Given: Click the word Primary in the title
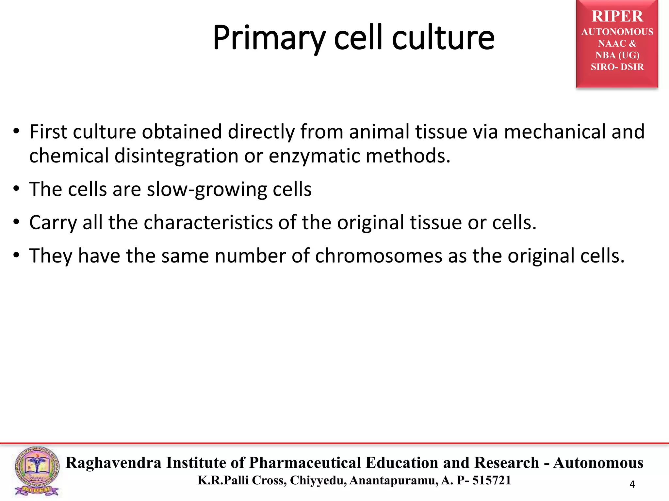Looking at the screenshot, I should (x=269, y=38).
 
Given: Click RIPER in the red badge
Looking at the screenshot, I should (x=617, y=16).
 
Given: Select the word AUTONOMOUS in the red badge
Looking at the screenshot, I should (x=617, y=32).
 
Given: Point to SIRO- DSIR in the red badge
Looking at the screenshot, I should (x=617, y=67).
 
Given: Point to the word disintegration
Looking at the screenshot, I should (x=176, y=156).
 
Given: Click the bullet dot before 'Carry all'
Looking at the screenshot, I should (x=17, y=222).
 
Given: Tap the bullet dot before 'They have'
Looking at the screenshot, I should (x=17, y=255).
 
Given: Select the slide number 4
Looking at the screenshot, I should (x=632, y=484).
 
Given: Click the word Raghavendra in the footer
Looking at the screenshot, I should (x=113, y=463).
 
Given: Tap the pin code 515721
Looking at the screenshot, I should (x=491, y=480).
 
